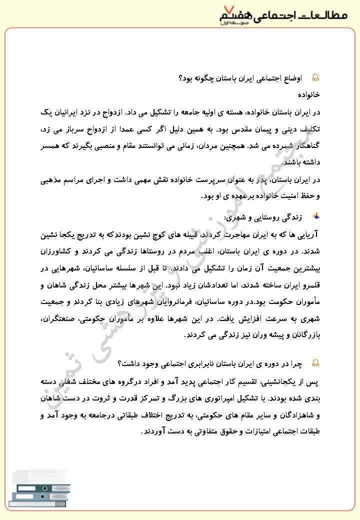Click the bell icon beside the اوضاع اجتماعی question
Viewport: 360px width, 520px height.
[315, 78]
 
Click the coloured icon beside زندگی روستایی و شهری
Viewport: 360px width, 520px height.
[315, 216]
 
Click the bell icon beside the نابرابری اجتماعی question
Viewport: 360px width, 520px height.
[315, 363]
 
